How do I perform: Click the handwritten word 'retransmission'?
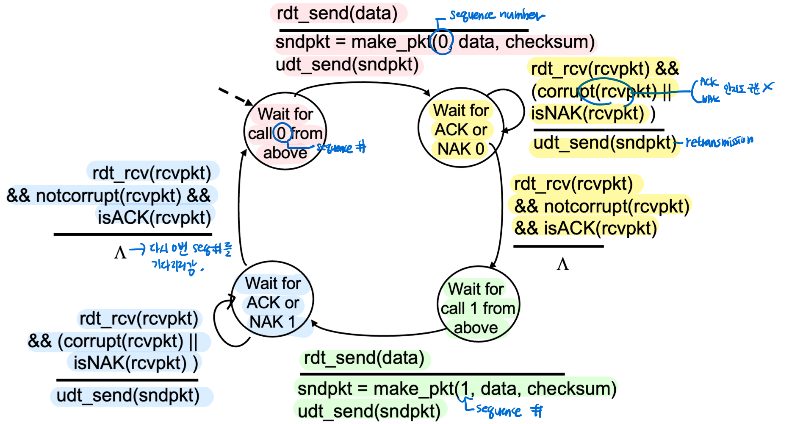(x=719, y=141)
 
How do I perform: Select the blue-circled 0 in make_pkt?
(x=442, y=42)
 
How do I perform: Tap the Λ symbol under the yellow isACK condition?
(x=562, y=264)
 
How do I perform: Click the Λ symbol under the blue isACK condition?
(x=120, y=253)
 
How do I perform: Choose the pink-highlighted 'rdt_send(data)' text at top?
(x=337, y=14)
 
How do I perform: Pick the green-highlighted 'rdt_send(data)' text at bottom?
(x=364, y=358)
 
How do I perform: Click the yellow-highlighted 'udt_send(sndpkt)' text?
(x=604, y=143)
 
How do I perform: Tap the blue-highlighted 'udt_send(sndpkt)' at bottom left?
(x=128, y=396)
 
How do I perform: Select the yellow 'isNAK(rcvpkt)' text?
(x=587, y=114)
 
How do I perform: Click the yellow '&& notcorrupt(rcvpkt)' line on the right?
(x=602, y=206)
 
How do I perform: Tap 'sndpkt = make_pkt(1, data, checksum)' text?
(x=457, y=389)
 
